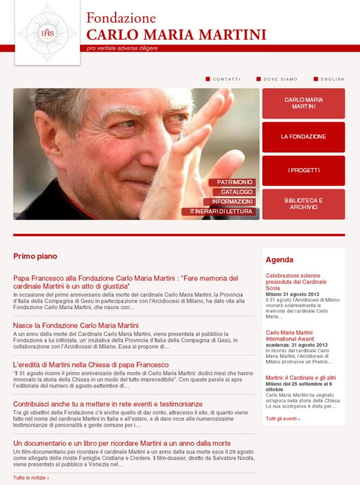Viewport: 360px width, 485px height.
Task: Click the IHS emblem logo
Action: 47,33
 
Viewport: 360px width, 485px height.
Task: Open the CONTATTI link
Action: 226,79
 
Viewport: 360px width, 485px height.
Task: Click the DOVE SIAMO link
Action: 280,79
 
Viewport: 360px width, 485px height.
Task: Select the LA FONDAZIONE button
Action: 303,137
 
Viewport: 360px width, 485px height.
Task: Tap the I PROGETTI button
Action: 303,171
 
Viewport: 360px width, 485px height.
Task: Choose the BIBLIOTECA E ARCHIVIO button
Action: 303,204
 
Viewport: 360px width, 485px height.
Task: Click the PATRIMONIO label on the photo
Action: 235,182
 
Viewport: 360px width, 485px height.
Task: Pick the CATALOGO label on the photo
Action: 237,192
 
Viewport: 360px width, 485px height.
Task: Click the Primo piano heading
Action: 35,256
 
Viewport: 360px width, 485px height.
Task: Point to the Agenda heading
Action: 279,259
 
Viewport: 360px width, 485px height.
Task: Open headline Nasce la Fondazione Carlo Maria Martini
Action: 76,325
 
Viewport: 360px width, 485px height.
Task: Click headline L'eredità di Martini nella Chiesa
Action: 91,365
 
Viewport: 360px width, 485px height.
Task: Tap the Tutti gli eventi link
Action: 283,419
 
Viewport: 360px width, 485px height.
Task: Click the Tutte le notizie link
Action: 31,477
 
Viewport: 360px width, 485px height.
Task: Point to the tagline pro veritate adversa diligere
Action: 122,48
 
